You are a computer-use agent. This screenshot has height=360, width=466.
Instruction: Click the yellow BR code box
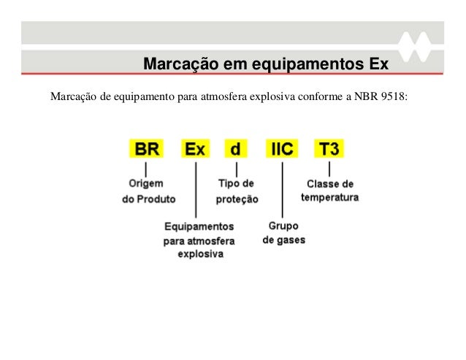(146, 149)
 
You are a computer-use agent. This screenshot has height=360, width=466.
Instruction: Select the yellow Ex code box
(195, 149)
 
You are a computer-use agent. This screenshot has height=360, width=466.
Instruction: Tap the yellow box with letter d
(235, 149)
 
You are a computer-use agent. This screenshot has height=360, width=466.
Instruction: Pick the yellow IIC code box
(282, 149)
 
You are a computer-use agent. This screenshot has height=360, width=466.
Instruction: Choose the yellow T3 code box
(329, 149)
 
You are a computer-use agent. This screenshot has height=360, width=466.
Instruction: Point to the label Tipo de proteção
(237, 191)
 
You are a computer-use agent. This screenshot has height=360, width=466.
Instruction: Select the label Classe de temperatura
(329, 191)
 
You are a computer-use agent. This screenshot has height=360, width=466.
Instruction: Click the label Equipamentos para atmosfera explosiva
(199, 240)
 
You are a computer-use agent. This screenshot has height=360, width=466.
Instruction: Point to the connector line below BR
(146, 169)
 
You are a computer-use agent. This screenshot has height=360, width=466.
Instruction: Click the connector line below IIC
(282, 188)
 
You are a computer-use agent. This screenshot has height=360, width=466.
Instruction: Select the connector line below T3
(329, 169)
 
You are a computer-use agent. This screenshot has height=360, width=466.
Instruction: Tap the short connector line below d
(236, 169)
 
